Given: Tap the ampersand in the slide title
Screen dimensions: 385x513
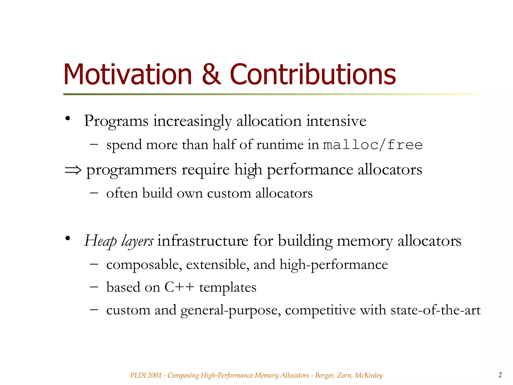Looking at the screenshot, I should coord(211,74).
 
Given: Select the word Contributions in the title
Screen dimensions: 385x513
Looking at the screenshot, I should coord(313,74).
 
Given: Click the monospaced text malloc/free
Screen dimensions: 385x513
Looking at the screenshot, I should coord(373,145).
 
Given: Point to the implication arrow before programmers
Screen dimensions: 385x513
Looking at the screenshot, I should coord(73,170).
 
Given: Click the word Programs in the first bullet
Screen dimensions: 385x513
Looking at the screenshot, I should coord(116,121).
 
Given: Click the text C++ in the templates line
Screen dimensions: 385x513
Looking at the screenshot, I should coord(179,287).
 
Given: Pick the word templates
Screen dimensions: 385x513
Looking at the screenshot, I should coord(228,287).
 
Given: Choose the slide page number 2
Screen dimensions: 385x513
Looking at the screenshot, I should coord(500,375).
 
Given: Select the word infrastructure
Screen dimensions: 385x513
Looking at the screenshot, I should coord(203,241).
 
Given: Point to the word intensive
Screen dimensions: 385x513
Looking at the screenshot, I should coord(336,121).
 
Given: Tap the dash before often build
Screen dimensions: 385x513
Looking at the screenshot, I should coord(94,193).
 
